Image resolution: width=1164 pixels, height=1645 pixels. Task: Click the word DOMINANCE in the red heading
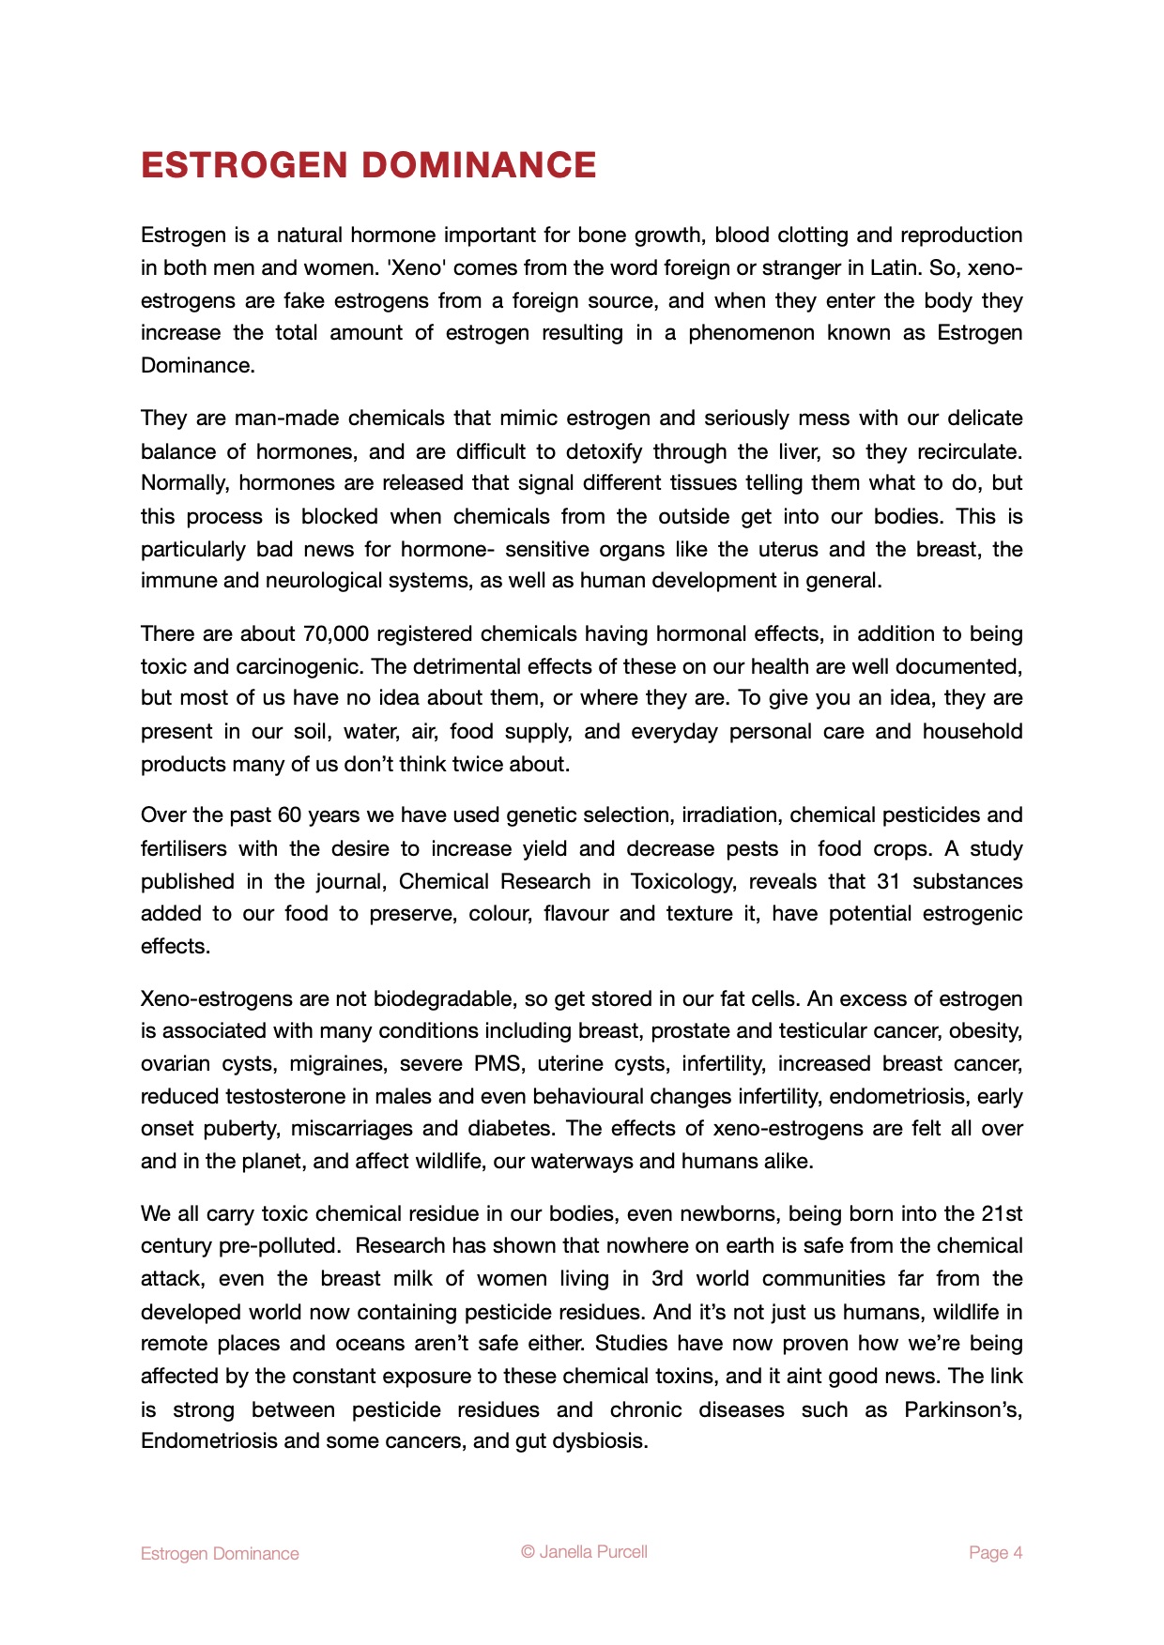479,165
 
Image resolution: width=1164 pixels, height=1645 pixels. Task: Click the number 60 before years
289,815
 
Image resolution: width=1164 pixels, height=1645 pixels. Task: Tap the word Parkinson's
963,1409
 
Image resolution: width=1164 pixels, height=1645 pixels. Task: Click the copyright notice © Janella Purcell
584,1552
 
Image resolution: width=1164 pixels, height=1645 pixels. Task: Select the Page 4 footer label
995,1553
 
